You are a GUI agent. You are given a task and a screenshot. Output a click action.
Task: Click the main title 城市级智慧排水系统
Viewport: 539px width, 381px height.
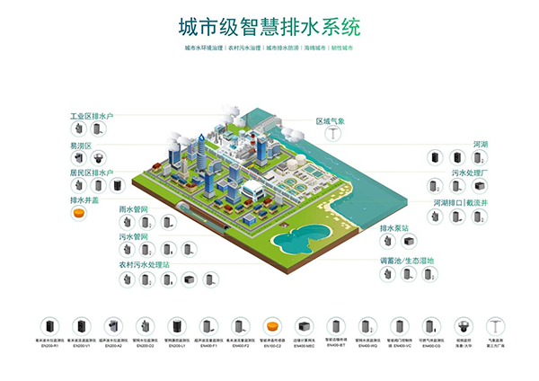coord(269,24)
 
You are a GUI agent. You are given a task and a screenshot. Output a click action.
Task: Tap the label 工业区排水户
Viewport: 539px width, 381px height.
coord(93,117)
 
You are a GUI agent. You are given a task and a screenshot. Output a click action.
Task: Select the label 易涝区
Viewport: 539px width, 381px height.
coord(83,145)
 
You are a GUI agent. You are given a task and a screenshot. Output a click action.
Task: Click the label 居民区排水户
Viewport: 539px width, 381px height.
coord(93,173)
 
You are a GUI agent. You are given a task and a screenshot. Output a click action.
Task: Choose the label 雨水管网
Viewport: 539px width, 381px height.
coord(134,208)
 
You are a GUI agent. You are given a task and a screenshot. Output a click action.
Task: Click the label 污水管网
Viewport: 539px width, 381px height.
coord(134,237)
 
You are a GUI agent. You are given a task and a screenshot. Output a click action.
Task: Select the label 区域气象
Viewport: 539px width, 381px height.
coord(331,120)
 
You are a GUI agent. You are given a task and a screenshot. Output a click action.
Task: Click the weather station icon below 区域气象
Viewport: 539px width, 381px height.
coord(332,135)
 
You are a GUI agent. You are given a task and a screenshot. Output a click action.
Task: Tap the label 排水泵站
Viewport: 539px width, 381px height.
coord(395,228)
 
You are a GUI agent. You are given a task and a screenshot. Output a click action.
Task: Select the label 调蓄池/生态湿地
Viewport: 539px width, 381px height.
coord(407,261)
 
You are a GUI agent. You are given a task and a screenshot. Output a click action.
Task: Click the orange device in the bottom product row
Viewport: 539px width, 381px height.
coord(269,327)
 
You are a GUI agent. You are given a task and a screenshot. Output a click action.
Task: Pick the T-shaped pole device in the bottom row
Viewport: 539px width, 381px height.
coord(491,325)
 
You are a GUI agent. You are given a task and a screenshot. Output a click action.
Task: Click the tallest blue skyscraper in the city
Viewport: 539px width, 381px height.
coord(262,148)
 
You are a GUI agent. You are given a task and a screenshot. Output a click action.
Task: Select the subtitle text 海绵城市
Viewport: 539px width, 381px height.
coord(314,47)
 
